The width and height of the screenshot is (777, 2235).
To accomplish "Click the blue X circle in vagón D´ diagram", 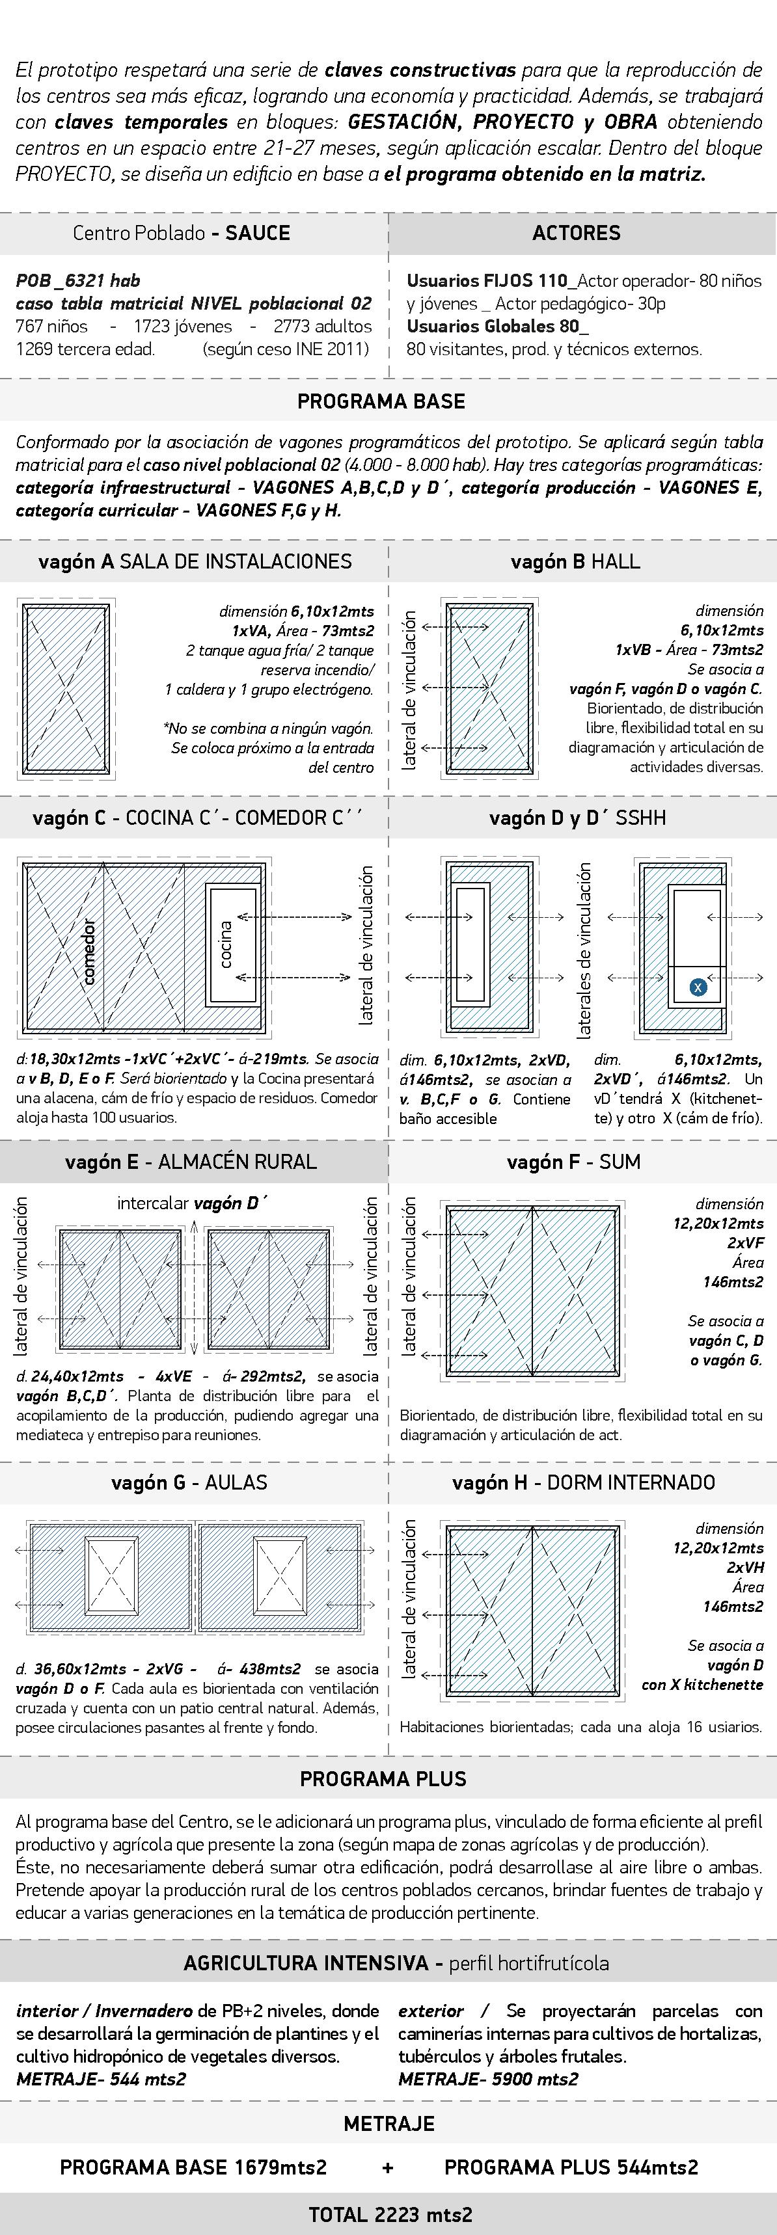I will [697, 987].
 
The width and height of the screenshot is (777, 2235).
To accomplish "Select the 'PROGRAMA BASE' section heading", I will [381, 402].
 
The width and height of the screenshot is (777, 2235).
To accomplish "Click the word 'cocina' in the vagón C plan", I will [226, 944].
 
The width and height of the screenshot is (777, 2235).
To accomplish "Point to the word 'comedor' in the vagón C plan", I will [89, 951].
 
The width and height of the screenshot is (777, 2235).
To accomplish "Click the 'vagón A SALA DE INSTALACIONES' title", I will [195, 561].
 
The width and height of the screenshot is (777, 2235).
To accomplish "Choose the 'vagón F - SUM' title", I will [574, 1162].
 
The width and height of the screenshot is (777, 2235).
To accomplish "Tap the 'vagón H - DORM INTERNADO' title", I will [584, 1483].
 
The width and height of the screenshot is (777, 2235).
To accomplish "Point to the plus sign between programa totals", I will [388, 2168].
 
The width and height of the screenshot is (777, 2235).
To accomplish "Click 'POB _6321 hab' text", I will [78, 280].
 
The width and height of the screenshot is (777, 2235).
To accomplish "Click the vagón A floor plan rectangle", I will [66, 689].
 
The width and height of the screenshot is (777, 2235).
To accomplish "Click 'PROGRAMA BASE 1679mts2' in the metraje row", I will [193, 2167].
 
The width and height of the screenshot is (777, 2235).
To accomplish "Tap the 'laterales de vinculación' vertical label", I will [584, 950].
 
